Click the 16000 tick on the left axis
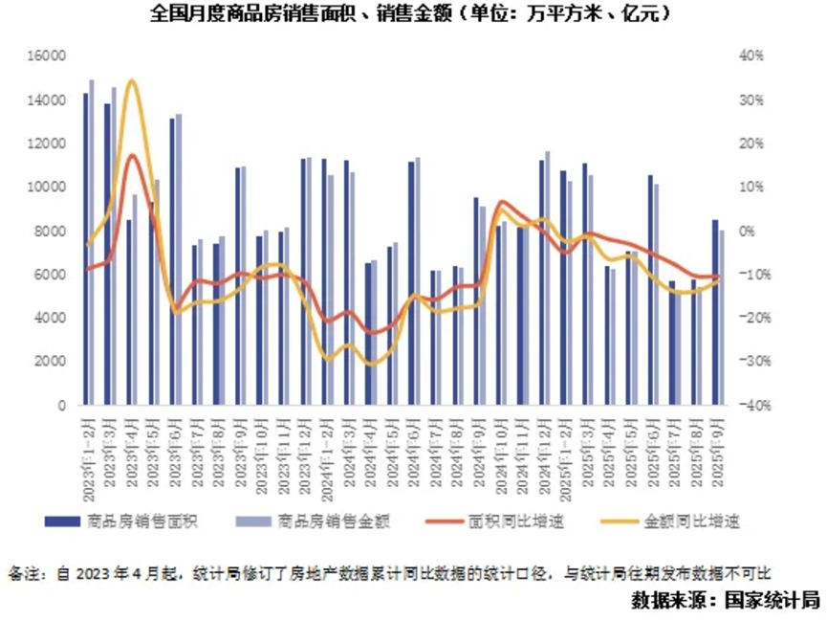pos(47,56)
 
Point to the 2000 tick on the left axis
pos(50,362)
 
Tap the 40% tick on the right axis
pos(752,56)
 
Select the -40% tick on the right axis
pos(751,406)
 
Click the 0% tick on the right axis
pos(748,232)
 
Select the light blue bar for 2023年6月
pos(179,259)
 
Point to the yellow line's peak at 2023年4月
pos(131,80)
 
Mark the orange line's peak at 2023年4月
pos(132,155)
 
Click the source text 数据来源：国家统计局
pos(726,601)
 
